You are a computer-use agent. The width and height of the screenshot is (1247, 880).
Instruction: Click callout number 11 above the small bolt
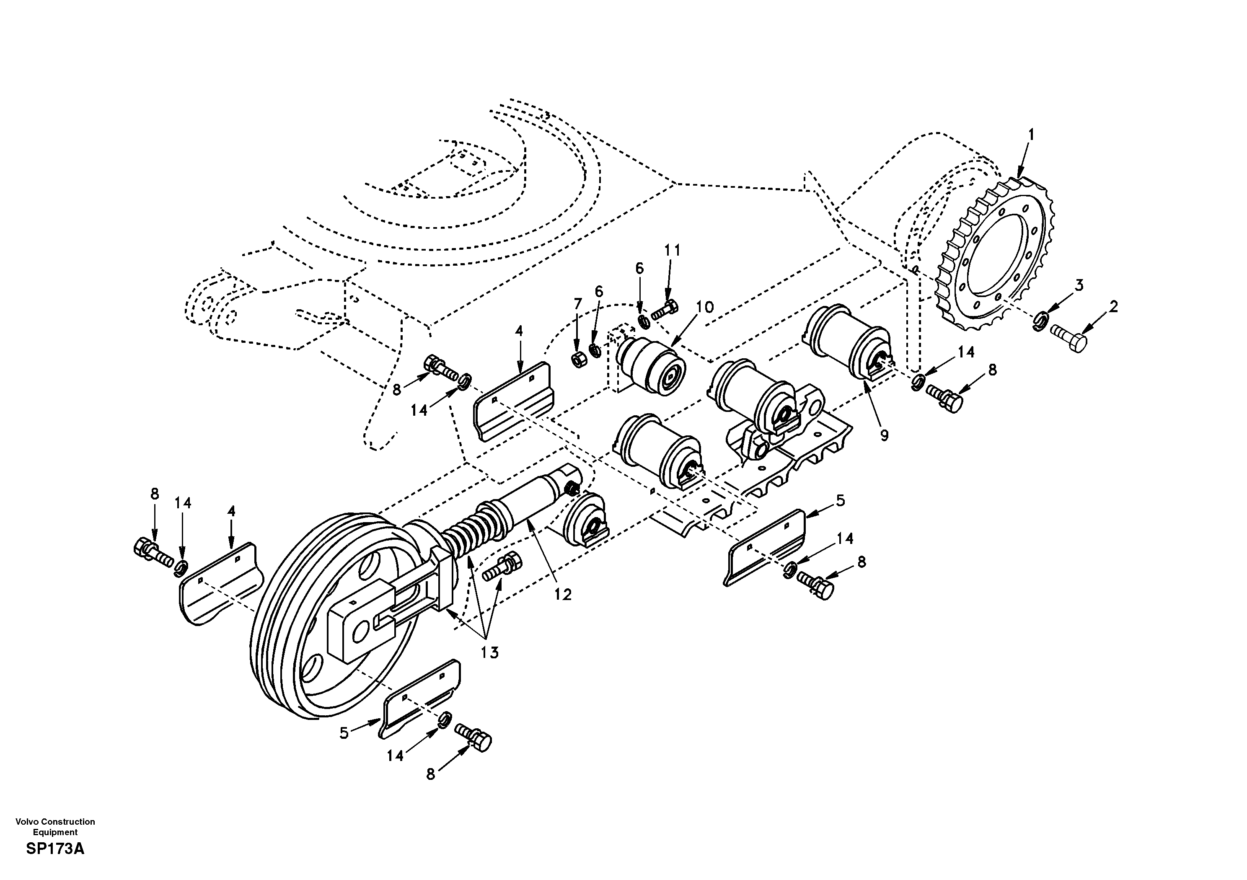[x=672, y=251]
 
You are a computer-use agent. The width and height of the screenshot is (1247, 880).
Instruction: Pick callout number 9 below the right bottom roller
[x=884, y=435]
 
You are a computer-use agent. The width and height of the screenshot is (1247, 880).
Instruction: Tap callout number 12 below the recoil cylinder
[x=563, y=595]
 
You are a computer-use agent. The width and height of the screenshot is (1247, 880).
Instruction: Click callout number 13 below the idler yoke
[x=489, y=652]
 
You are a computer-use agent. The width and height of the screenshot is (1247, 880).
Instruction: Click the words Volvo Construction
[x=55, y=822]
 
